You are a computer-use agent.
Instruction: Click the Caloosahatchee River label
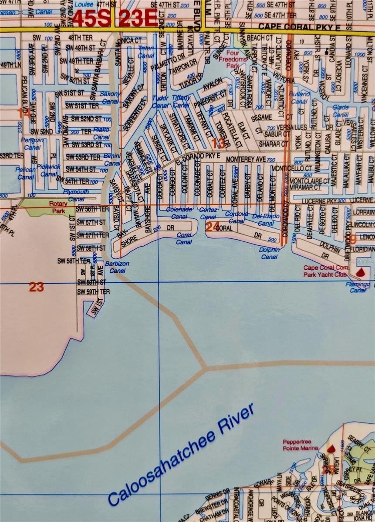181,455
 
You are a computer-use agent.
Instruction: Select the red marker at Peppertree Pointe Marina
331,448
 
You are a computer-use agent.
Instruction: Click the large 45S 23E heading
115,19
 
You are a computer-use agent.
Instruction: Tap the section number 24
212,227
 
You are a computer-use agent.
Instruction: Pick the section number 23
37,287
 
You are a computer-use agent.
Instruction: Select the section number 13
218,143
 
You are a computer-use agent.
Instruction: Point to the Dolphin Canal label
269,253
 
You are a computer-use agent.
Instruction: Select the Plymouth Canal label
76,195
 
